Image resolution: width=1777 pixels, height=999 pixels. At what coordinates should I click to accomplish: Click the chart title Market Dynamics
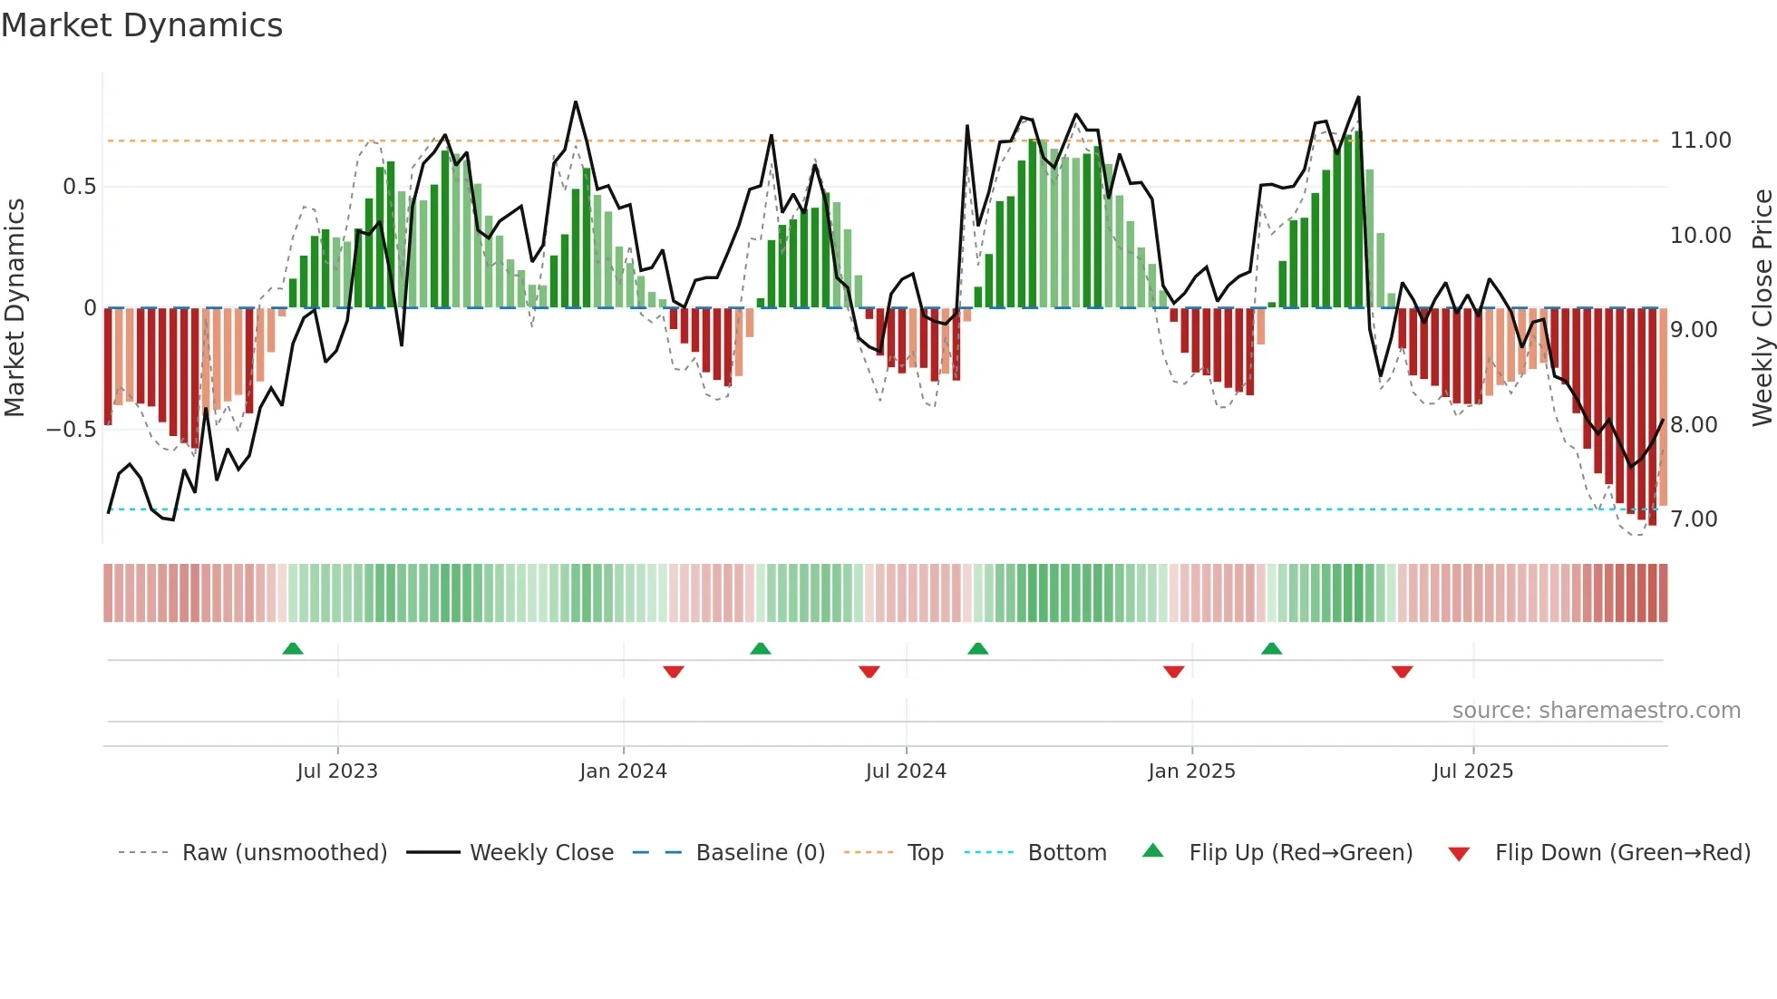coord(141,25)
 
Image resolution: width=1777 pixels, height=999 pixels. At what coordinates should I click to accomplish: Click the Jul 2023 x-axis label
coord(337,771)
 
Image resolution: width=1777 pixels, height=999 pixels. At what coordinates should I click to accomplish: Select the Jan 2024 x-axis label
coord(623,771)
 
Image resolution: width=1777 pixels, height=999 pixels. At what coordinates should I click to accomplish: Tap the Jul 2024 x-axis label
coord(906,771)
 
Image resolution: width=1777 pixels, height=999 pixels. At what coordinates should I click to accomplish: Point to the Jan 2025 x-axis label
coord(1191,771)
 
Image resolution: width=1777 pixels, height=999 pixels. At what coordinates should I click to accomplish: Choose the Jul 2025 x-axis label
coord(1472,771)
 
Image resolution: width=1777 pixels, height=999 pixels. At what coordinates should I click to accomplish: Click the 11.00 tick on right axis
coord(1701,141)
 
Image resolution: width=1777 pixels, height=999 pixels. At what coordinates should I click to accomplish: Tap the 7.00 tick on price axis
coord(1694,519)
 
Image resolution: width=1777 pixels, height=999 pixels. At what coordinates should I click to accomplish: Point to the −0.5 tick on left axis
coord(71,430)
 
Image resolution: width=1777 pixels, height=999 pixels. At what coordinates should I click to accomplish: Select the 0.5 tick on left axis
coord(79,187)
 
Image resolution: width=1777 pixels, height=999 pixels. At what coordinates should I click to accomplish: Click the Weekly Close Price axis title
coord(1762,307)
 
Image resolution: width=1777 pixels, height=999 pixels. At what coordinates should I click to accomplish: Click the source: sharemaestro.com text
coord(1596,711)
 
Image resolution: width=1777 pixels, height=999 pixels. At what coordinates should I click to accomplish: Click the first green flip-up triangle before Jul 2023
coord(293,649)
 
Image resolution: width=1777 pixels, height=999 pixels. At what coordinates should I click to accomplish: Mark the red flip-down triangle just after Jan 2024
coord(674,672)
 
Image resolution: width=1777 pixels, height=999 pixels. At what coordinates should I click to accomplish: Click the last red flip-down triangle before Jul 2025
coord(1402,672)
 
